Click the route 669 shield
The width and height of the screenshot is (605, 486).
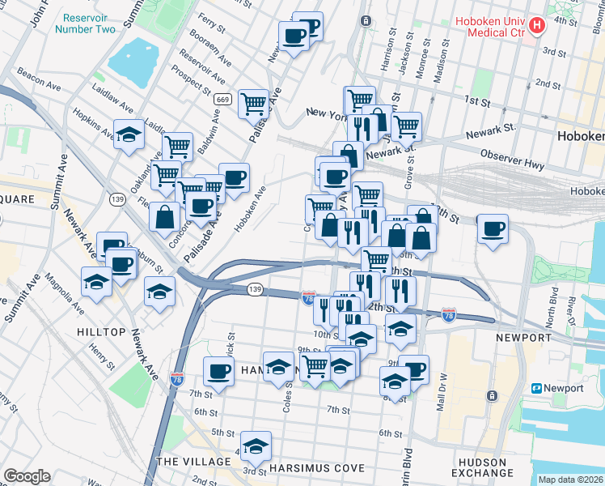(223, 99)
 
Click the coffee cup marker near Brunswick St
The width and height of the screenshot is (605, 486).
(218, 371)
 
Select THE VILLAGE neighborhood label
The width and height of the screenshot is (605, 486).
(188, 461)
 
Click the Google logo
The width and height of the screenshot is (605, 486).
(27, 475)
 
